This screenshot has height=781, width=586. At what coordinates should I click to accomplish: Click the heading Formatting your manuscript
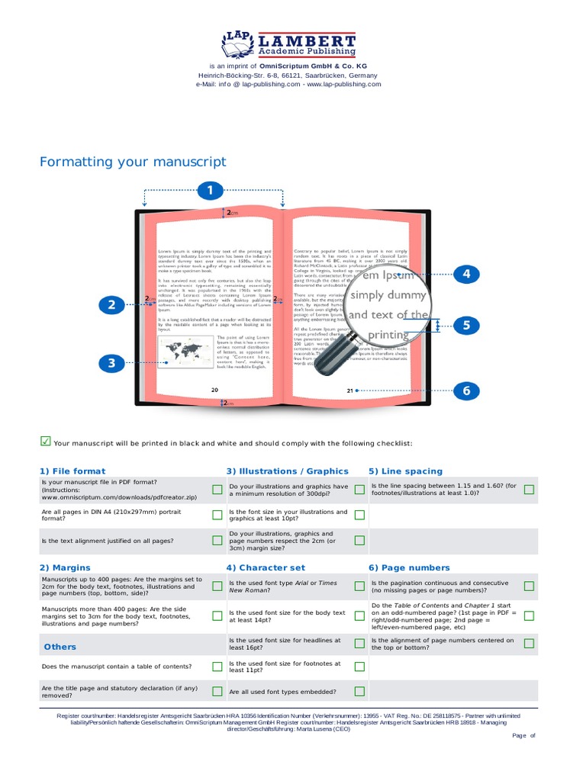[133, 162]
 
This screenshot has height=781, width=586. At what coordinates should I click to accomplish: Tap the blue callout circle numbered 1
[210, 191]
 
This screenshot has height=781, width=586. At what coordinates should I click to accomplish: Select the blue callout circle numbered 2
[111, 305]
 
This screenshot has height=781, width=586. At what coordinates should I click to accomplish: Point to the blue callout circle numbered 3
[111, 363]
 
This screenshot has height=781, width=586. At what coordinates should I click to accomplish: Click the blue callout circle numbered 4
[465, 274]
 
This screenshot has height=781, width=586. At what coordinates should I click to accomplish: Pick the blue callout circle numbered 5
[465, 326]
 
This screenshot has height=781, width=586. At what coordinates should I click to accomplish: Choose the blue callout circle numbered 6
[465, 391]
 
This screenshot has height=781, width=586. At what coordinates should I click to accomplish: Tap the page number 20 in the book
[214, 390]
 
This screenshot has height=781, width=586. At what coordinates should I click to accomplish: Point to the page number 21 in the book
[350, 390]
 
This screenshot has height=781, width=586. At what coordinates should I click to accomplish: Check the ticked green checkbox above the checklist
[45, 441]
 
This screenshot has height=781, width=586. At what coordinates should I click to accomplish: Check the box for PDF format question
[217, 489]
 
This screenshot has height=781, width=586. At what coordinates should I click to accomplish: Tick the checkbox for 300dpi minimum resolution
[360, 489]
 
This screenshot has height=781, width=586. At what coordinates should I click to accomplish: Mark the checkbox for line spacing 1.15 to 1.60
[529, 489]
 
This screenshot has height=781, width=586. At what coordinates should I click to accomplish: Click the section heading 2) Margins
[65, 567]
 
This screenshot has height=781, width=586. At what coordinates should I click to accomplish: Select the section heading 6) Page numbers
[409, 567]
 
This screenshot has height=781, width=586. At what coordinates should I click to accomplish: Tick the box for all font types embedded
[360, 692]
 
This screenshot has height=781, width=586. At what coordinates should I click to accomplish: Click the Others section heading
[60, 647]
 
